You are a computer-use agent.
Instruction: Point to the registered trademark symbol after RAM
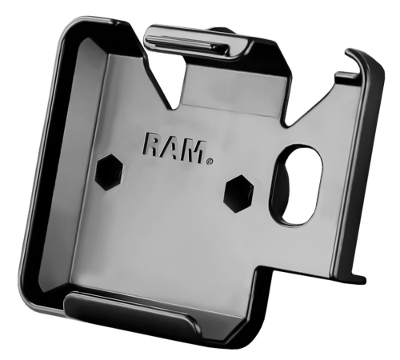210,161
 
